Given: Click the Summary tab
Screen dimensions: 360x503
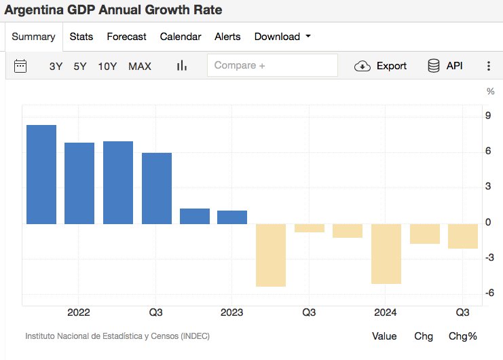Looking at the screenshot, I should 33,37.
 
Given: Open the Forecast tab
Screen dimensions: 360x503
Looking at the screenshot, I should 126,37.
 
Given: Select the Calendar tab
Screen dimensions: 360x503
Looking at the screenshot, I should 181,37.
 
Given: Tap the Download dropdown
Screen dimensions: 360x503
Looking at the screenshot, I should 282,37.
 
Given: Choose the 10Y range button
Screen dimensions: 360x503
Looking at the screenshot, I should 107,66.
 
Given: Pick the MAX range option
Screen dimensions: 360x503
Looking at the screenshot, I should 140,66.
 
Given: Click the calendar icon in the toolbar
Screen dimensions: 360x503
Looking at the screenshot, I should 20,66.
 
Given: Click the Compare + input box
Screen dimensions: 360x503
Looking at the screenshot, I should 272,65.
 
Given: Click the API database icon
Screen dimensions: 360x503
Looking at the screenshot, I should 433,66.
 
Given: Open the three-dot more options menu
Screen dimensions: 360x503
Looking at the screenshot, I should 489,66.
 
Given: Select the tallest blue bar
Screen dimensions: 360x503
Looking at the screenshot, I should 41,175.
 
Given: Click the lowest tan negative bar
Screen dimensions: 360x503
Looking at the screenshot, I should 270,255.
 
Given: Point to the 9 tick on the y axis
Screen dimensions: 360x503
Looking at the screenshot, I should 488,115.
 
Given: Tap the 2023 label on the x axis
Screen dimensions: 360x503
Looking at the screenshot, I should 232,312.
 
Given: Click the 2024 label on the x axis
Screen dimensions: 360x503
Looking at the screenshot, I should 386,312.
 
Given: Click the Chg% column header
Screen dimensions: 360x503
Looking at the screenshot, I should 463,336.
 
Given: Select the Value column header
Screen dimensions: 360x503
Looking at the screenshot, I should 384,336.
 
